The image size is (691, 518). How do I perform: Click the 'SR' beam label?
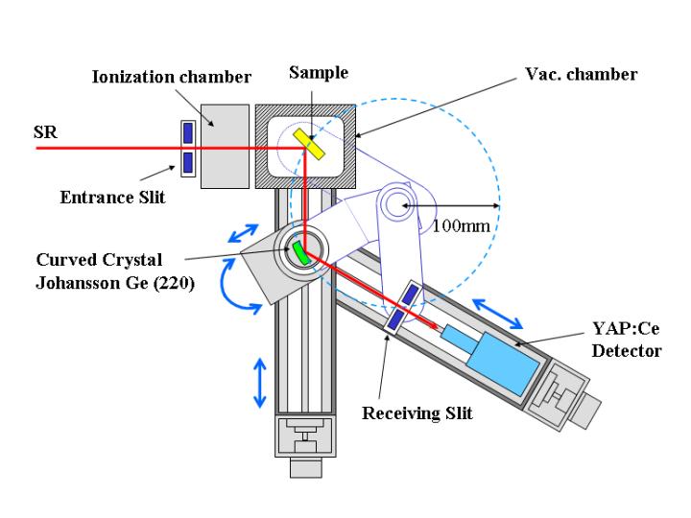pyautogui.click(x=45, y=133)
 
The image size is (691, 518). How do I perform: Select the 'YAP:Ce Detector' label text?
pyautogui.click(x=626, y=340)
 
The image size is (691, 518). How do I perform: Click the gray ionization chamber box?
pyautogui.click(x=225, y=146)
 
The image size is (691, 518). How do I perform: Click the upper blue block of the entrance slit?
pyautogui.click(x=189, y=131)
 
